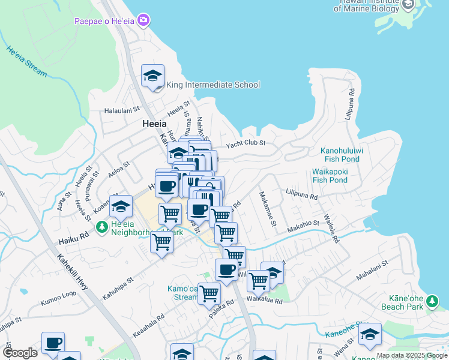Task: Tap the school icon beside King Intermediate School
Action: [152, 76]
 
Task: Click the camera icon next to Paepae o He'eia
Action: [143, 21]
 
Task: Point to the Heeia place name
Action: [154, 124]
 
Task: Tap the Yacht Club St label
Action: [246, 144]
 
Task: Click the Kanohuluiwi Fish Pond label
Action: [340, 155]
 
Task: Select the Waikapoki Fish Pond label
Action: [330, 175]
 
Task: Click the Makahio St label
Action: [303, 224]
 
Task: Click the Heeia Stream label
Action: [27, 61]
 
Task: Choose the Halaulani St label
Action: [122, 110]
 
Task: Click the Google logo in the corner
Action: [20, 353]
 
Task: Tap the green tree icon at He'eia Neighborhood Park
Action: [102, 227]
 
